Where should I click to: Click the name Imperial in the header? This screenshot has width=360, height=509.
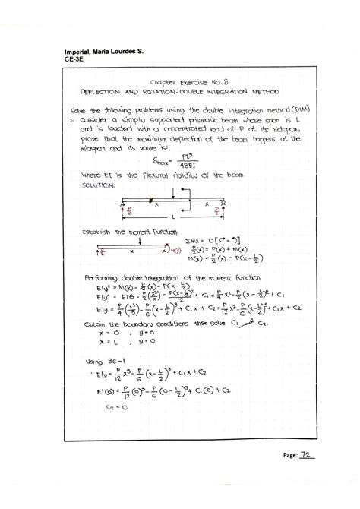click(79, 52)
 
